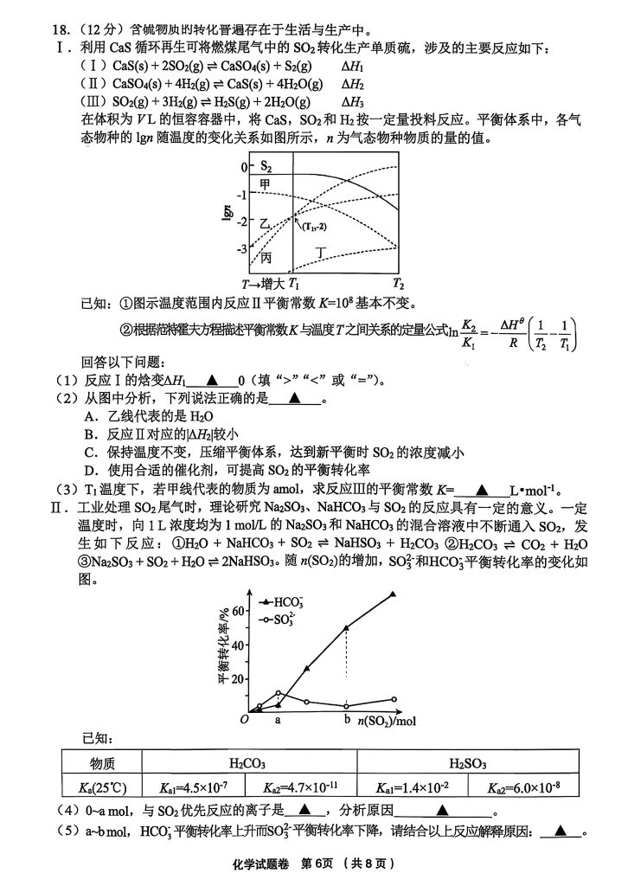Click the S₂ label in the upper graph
(266, 166)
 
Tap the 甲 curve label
(266, 184)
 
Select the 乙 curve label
(265, 223)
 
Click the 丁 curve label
(322, 251)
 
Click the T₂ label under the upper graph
(398, 284)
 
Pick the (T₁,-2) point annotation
(313, 226)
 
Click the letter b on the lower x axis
(347, 719)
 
